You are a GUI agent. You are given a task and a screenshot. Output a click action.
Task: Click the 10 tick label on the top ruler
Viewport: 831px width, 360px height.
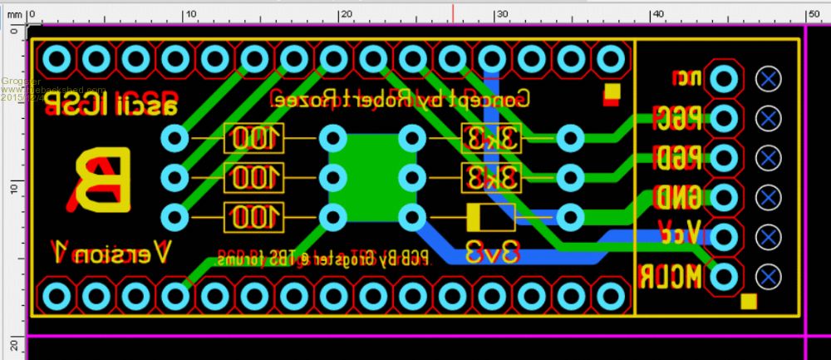pyautogui.click(x=189, y=14)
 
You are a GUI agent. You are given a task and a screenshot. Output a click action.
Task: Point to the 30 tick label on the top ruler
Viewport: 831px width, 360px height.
pyautogui.click(x=501, y=14)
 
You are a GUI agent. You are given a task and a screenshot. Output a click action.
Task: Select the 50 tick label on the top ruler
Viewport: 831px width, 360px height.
pyautogui.click(x=813, y=14)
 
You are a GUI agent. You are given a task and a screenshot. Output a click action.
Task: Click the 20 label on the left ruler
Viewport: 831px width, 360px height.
pyautogui.click(x=14, y=344)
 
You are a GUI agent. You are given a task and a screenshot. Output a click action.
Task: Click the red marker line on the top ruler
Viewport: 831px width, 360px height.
pyautogui.click(x=453, y=12)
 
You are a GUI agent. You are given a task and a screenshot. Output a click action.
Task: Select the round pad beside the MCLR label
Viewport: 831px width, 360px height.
pyautogui.click(x=725, y=275)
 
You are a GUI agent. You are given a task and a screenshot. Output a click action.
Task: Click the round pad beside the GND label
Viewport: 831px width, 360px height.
pyautogui.click(x=725, y=197)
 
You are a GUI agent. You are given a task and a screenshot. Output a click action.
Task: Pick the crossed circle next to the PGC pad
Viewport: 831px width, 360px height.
pyautogui.click(x=770, y=118)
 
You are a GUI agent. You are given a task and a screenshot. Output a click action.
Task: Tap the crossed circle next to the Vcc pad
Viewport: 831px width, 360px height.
pyautogui.click(x=770, y=236)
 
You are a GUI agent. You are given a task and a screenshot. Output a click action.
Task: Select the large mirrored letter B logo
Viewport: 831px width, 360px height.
pyautogui.click(x=102, y=180)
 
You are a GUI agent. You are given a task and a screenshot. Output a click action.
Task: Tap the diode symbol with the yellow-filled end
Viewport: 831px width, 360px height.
pyautogui.click(x=490, y=217)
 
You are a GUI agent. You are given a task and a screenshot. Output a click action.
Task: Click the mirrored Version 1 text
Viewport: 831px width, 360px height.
pyautogui.click(x=111, y=249)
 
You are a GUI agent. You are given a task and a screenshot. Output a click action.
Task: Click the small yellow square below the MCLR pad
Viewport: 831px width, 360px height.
pyautogui.click(x=749, y=301)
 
